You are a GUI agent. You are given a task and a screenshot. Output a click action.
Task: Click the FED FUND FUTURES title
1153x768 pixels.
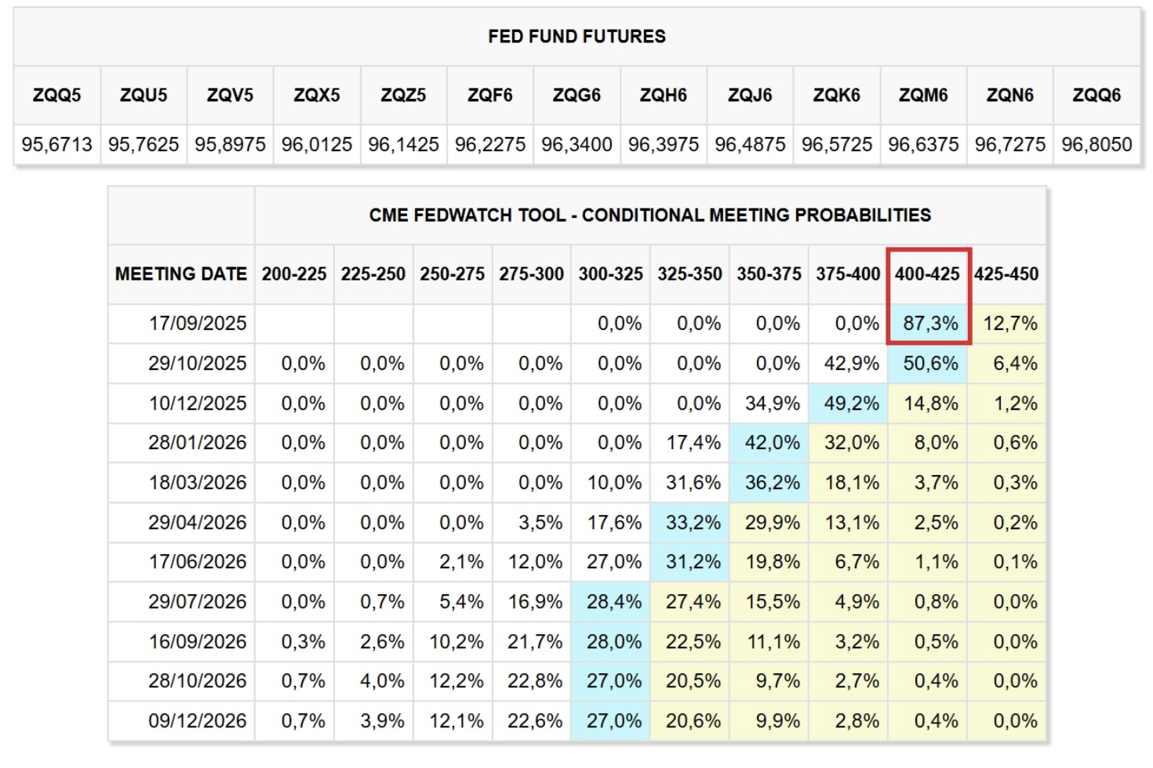(576, 36)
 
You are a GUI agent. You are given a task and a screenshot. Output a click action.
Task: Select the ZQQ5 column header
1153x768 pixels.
(56, 95)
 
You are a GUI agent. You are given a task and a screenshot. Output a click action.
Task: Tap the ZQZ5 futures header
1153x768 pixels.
(403, 95)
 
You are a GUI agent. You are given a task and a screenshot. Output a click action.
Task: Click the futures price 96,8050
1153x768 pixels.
(1097, 144)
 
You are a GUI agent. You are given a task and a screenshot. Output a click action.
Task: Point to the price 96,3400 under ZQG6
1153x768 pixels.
(576, 144)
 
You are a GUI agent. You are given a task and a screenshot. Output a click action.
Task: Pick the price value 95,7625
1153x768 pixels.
(144, 144)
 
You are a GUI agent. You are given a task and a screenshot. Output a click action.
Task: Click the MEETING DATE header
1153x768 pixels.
(180, 274)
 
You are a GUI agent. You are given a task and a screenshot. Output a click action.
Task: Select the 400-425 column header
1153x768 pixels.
(927, 274)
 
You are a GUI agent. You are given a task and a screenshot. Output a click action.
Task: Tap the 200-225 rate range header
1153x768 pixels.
(294, 274)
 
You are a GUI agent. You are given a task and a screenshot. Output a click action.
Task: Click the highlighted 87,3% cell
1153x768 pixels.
(930, 323)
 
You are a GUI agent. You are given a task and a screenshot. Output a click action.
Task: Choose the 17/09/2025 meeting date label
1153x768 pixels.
(198, 323)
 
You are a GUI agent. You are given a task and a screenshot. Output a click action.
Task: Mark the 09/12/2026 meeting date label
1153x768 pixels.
(198, 720)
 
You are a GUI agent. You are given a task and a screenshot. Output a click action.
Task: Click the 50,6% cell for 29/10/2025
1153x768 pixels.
(930, 363)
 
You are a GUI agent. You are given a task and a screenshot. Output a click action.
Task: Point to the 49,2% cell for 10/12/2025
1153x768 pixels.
(851, 403)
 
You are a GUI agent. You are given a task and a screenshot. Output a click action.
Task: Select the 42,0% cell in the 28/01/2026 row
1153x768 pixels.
(772, 442)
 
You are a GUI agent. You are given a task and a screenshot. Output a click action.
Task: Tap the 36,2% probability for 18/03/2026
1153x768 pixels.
(772, 482)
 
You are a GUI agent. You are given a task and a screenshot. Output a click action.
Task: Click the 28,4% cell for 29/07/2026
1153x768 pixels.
(613, 601)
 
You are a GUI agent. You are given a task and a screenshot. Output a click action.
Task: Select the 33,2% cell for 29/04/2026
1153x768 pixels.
(693, 522)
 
